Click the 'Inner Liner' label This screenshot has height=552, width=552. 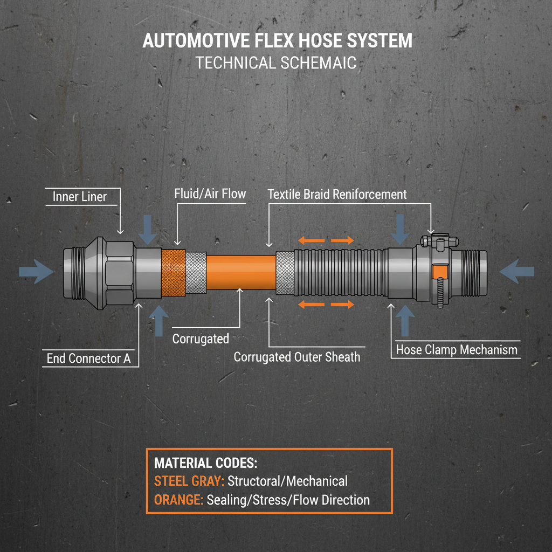coord(79,197)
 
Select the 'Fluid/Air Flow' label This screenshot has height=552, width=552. coord(210,194)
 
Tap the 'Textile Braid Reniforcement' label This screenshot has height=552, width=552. coord(337,194)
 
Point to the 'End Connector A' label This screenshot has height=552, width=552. coord(88,358)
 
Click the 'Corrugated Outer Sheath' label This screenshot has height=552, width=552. coord(296,356)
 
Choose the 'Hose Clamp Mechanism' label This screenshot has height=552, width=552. coord(456,350)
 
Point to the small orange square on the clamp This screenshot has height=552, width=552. coord(440,272)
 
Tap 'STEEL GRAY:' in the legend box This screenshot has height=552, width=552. coord(189,481)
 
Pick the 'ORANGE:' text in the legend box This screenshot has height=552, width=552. coord(178,500)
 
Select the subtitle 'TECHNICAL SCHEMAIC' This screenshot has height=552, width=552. coord(276,63)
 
